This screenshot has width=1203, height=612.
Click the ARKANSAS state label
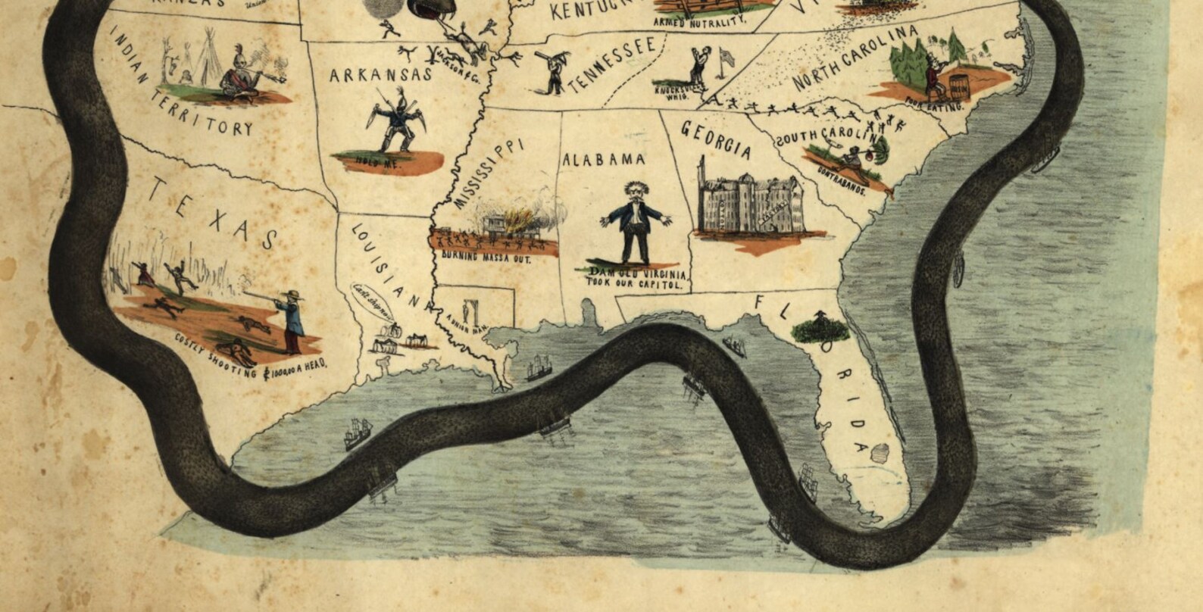(x=380, y=74)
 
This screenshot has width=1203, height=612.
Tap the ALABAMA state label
(x=603, y=160)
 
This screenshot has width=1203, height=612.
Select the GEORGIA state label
(x=716, y=139)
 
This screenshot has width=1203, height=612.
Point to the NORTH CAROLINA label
(x=856, y=58)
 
